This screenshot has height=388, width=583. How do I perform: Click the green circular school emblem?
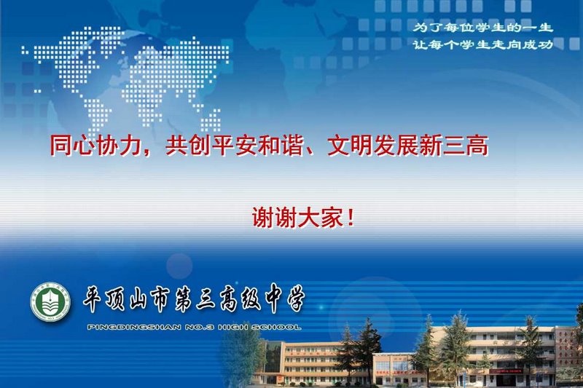50,301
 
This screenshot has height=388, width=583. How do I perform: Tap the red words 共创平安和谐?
234,146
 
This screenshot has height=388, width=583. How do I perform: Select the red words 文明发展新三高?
408,146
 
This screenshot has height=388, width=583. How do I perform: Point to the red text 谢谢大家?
297,217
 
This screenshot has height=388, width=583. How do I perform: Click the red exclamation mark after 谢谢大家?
351,218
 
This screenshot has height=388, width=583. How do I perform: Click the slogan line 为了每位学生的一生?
483,28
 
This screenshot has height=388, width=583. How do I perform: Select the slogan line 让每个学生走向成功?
483,45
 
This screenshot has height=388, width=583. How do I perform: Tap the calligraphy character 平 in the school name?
93,299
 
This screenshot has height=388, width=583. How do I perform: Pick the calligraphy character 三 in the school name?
206,299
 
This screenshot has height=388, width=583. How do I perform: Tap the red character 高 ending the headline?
477,146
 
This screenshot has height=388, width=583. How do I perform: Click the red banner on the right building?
506,371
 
